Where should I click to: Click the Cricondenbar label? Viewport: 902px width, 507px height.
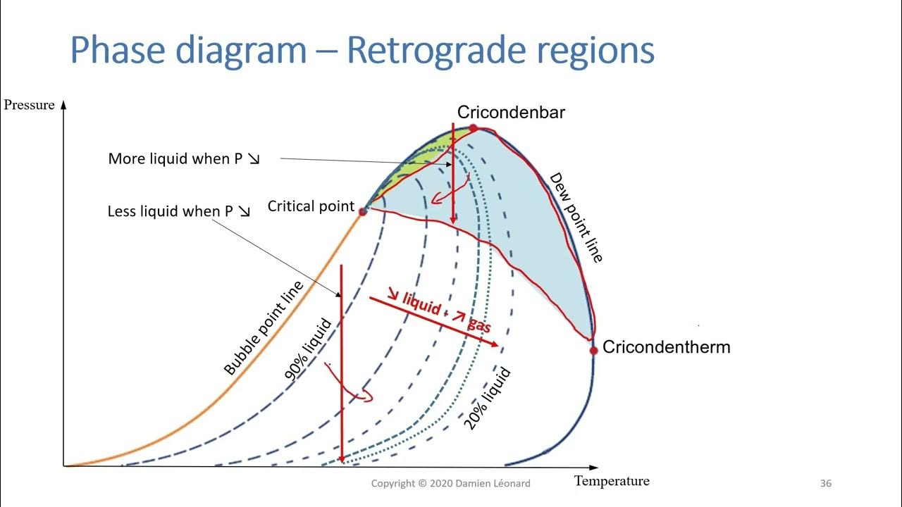[511, 112]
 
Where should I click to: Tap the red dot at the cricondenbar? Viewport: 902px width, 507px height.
[474, 128]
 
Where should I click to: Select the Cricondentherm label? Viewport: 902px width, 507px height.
[666, 347]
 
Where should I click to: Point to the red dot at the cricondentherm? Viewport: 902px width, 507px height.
[593, 349]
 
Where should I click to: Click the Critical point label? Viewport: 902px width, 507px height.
[311, 206]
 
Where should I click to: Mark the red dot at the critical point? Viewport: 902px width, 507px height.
[363, 211]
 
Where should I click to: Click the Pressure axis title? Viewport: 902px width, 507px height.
[29, 105]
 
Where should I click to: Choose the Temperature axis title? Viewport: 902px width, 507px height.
[612, 482]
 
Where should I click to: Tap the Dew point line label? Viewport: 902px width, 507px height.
[576, 218]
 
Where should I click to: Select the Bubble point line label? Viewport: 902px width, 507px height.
[263, 328]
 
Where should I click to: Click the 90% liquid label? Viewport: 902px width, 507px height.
[308, 351]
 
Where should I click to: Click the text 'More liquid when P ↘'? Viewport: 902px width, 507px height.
[184, 159]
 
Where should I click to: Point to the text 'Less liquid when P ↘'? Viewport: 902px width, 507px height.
[179, 211]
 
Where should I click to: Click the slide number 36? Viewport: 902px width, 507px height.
[826, 484]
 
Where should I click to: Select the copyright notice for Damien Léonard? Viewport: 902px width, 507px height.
[451, 484]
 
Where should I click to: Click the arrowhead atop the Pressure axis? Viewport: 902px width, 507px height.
[63, 104]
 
